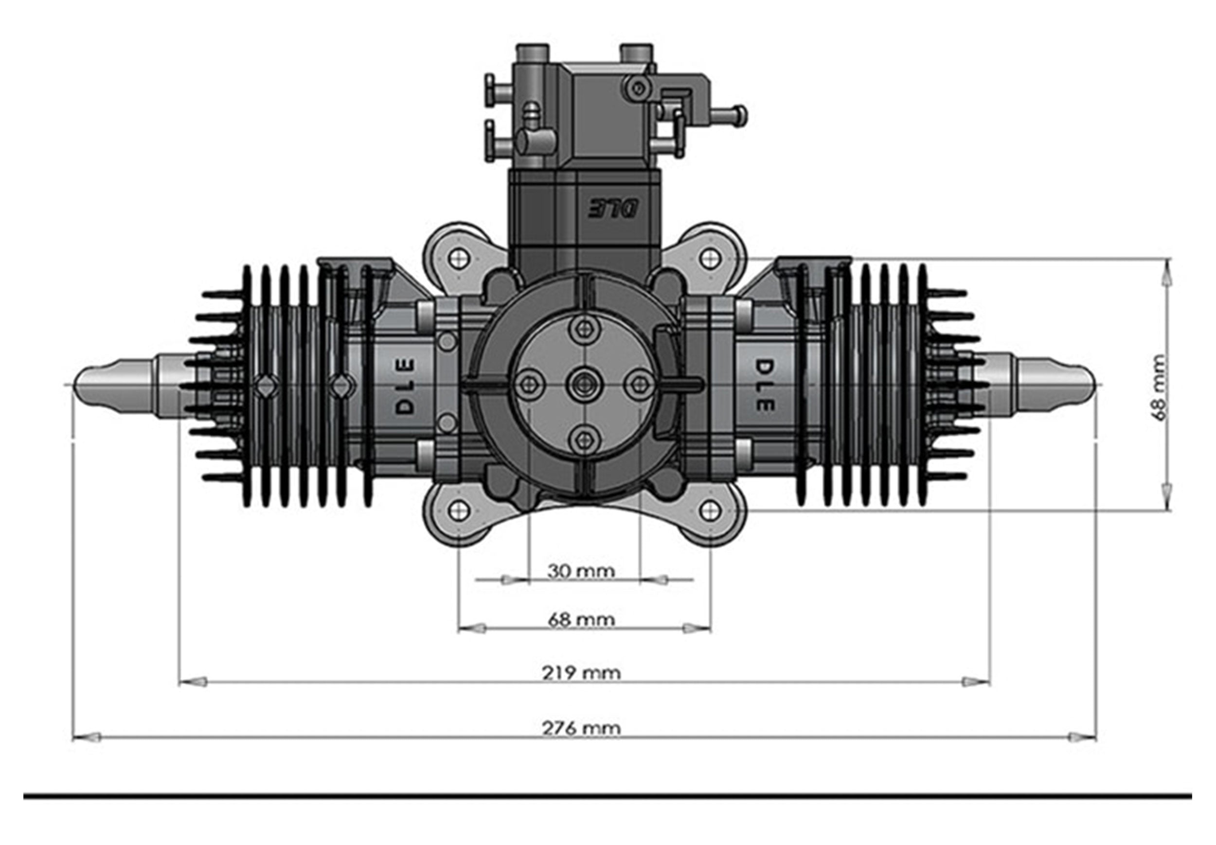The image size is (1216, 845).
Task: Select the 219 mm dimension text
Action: (x=581, y=673)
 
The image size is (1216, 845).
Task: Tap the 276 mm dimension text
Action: (x=581, y=728)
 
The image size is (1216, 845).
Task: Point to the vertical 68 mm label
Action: (x=1159, y=387)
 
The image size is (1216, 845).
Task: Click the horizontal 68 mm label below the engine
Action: (x=581, y=619)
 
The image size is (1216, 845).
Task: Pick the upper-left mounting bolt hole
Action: (x=459, y=258)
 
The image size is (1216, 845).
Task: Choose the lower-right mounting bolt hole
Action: (x=710, y=510)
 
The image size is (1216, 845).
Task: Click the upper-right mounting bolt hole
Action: (x=710, y=258)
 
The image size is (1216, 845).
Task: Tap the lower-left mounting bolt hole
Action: (x=459, y=510)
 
